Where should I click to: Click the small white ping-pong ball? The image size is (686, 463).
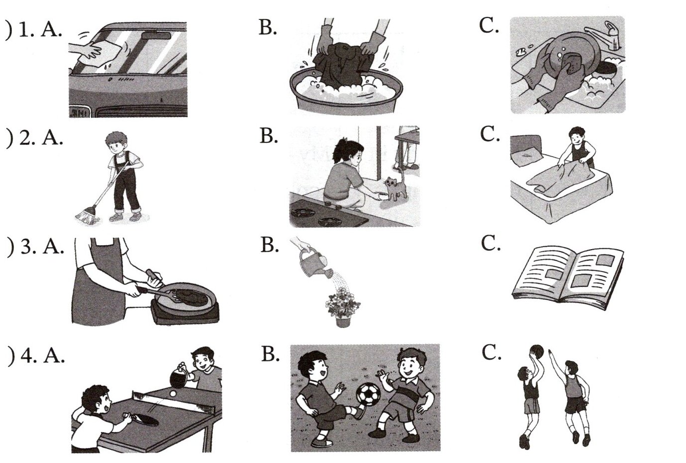pos(174,394)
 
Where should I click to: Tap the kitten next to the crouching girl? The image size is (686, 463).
pos(395,188)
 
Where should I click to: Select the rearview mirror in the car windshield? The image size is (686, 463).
pos(156,35)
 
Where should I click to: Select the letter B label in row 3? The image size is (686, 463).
pos(270,246)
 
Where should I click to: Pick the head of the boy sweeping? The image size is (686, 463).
pos(116,143)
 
